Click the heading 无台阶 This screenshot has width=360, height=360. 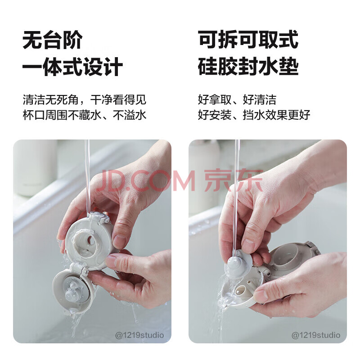point(52,40)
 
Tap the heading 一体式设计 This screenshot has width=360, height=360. point(72,67)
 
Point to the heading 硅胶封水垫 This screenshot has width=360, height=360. point(248,67)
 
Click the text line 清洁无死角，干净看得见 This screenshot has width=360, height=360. point(85,99)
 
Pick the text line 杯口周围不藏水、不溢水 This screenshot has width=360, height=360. point(85,115)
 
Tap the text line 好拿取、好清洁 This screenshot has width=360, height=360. point(237,99)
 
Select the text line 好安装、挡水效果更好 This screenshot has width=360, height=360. point(254,115)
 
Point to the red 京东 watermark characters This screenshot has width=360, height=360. point(233,180)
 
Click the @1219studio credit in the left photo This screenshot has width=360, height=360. point(139,335)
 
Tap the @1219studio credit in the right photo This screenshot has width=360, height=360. point(316,335)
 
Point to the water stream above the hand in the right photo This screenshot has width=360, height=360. point(237,195)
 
